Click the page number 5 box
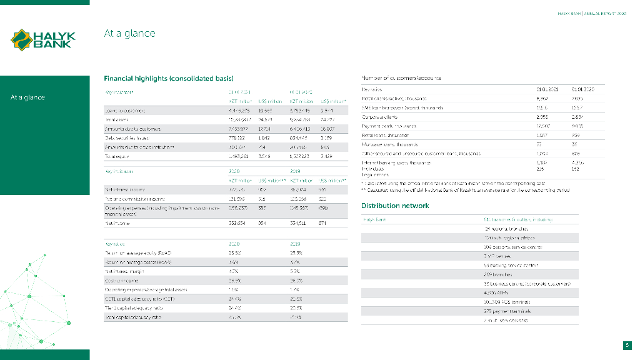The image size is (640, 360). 627,345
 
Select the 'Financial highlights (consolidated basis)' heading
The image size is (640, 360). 169,78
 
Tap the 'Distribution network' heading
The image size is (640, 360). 395,206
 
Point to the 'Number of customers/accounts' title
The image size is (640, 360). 401,78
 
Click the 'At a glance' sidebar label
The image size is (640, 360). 27,97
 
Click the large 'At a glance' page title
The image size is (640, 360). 129,33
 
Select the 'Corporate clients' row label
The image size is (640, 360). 380,117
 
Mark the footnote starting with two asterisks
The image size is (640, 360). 465,189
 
